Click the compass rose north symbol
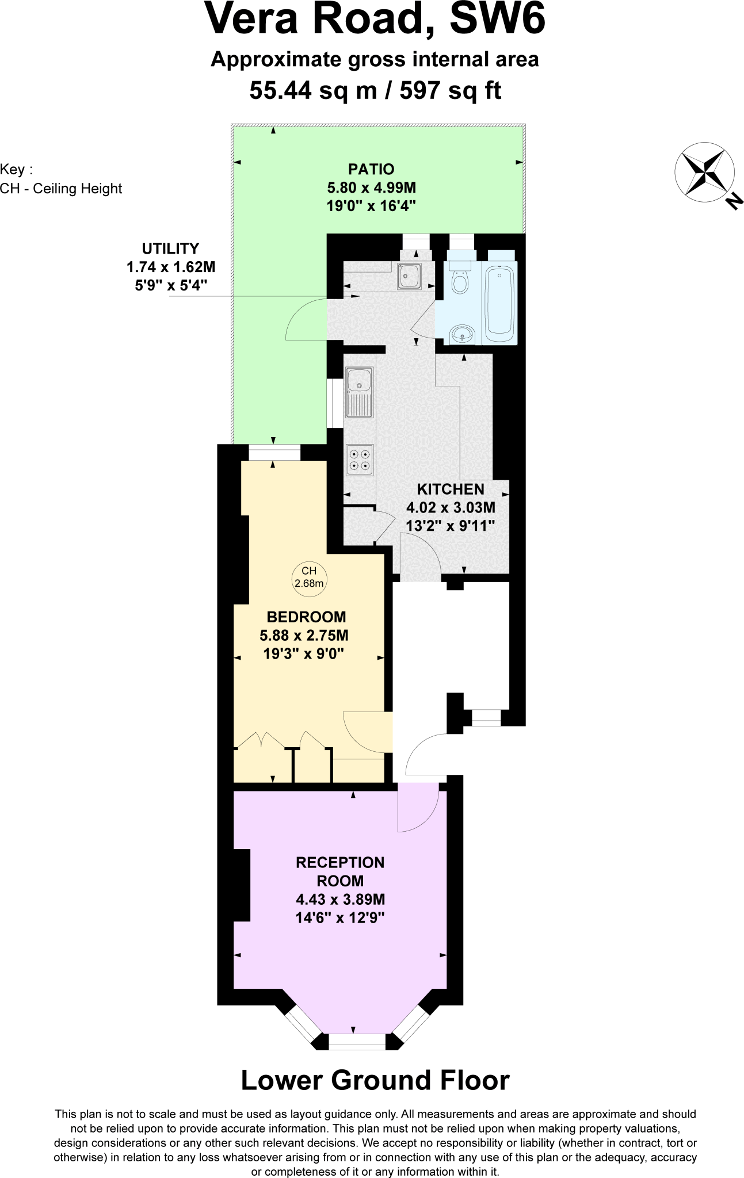click(704, 173)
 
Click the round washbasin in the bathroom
click(462, 333)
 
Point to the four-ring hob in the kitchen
click(360, 460)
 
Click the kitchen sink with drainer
click(360, 392)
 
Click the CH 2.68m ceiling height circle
click(309, 577)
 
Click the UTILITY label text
click(170, 248)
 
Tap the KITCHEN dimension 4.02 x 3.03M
click(451, 507)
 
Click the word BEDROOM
click(306, 617)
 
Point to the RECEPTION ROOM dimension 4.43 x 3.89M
click(340, 899)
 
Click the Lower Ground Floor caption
click(375, 1080)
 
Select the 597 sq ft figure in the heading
click(451, 90)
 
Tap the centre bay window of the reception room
click(357, 1042)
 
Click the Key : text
click(16, 170)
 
